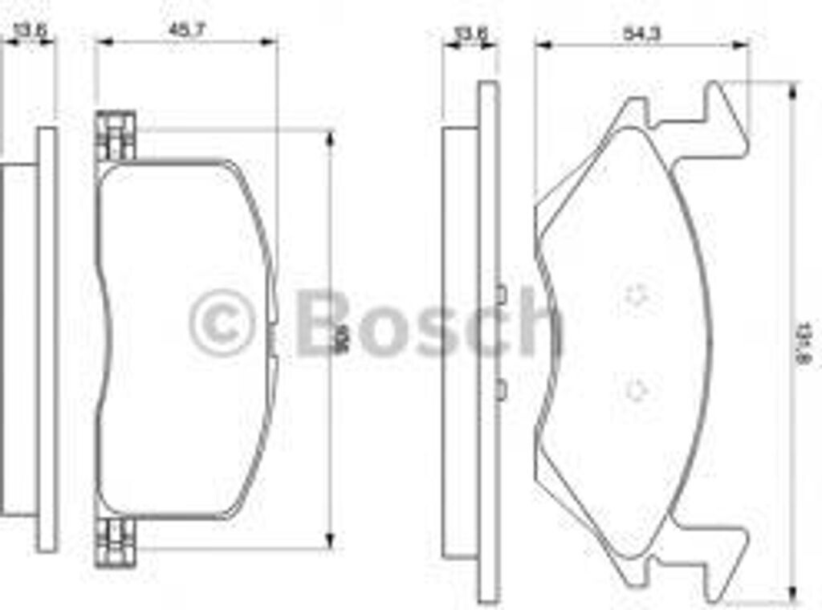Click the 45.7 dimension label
(186, 30)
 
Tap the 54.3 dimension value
(641, 33)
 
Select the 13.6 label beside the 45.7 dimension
(30, 31)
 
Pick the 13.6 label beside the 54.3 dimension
(471, 33)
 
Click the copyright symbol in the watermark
(222, 323)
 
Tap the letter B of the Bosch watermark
(324, 322)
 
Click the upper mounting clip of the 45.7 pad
(115, 135)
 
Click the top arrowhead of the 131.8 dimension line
(793, 90)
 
